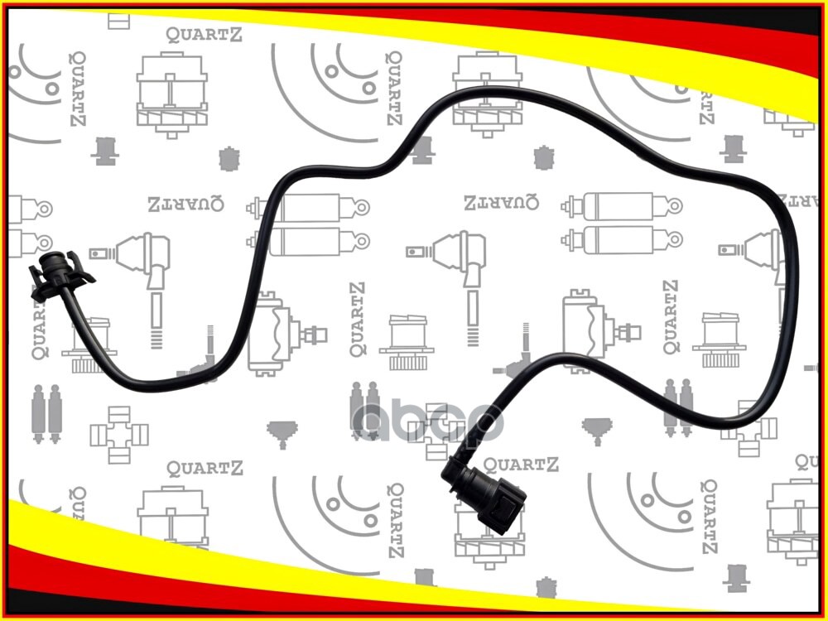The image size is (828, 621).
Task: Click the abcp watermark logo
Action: tap(427, 421)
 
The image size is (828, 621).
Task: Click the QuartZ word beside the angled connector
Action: tap(520, 465)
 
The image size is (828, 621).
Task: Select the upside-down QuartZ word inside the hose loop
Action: tap(500, 201)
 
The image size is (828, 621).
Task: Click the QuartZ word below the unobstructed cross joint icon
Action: tap(205, 469)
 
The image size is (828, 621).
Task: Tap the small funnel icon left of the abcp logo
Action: tap(282, 431)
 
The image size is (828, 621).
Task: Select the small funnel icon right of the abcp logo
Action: tap(595, 430)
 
